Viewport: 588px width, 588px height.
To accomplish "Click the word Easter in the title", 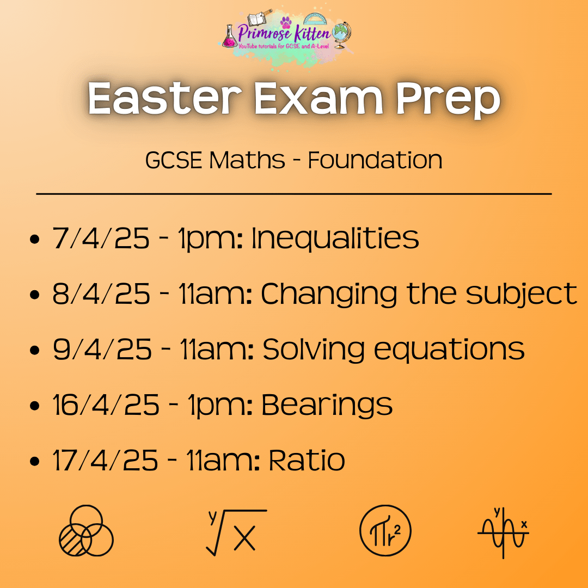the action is pos(164,98).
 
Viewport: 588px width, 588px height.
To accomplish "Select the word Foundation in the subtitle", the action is pos(375,160).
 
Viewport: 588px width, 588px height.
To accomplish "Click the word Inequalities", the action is pos(335,238).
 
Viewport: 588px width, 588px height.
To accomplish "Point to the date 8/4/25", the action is pos(101,293).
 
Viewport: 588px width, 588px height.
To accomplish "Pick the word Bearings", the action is pos(327,406).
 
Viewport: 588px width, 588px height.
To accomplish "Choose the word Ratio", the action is pos(307,460).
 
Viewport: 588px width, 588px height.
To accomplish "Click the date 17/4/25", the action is pos(106,460).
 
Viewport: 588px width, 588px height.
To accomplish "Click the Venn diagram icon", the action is pos(86,530).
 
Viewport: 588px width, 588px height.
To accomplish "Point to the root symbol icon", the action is pos(236,532).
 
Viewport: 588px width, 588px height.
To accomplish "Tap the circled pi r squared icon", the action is pos(385,531).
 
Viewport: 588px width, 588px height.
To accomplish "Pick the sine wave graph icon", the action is pos(503,532).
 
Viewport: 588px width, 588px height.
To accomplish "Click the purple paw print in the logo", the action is pos(286,22).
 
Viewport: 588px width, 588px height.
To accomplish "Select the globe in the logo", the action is pos(341,34).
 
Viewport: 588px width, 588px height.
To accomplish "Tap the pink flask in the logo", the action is pos(229,36).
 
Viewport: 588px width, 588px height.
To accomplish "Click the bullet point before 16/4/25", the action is pos(34,406).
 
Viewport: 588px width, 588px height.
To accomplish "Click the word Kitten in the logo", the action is pos(312,33).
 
